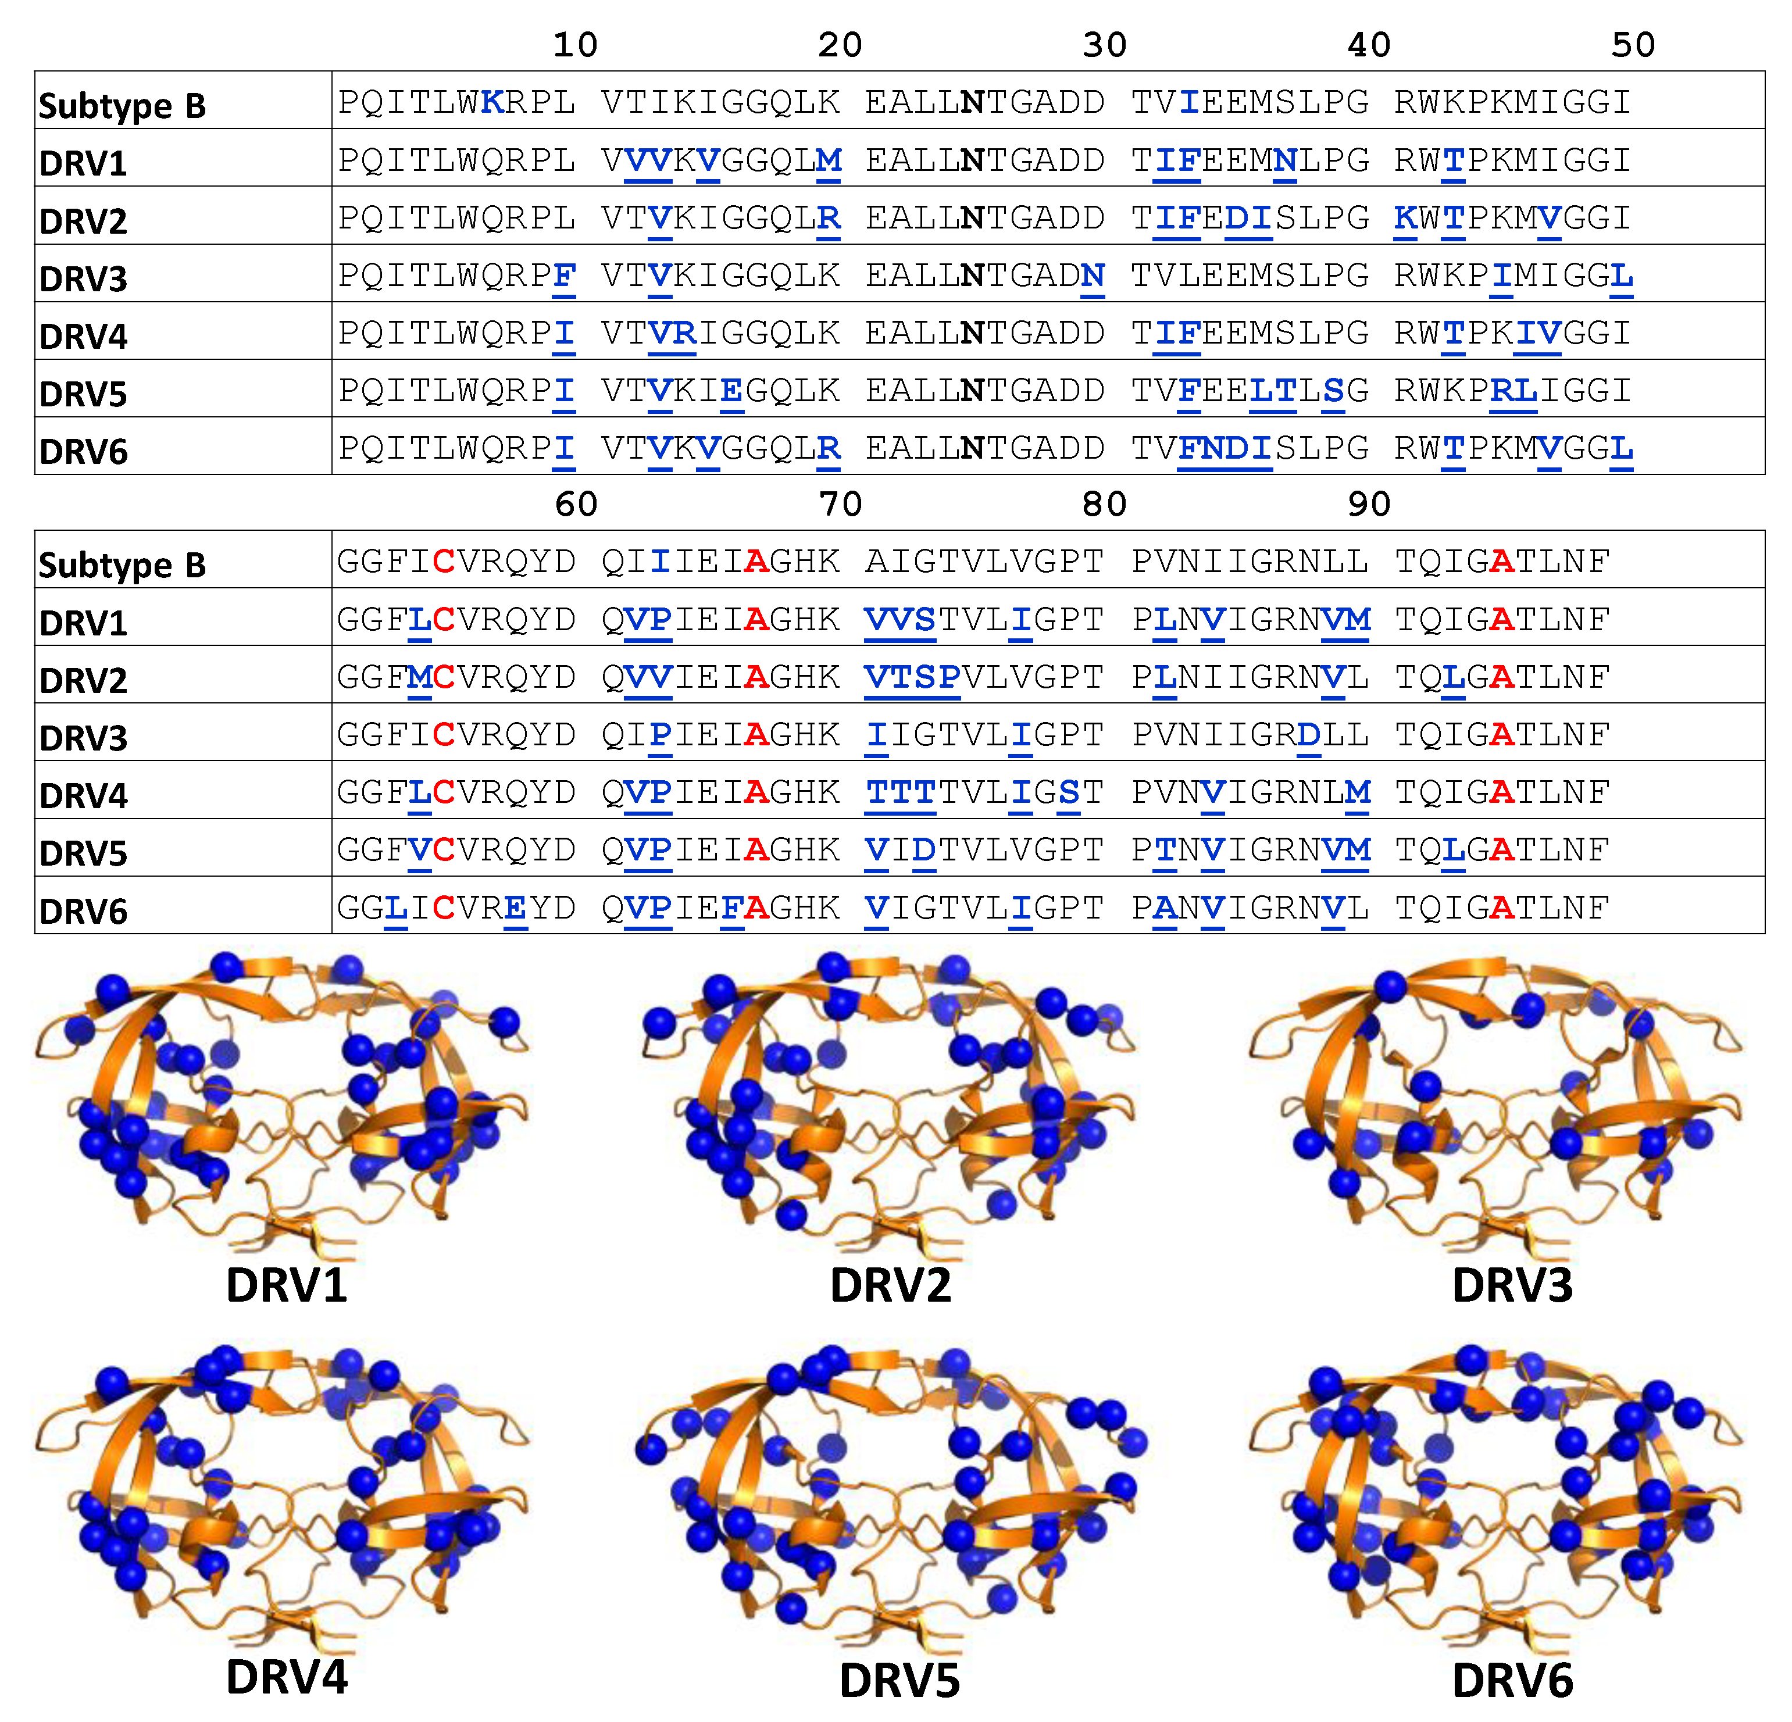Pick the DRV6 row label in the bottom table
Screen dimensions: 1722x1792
point(83,911)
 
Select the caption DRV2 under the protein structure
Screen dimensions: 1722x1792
point(891,1285)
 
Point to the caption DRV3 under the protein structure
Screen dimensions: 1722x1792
point(1512,1285)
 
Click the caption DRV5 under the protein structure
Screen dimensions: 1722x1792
point(899,1681)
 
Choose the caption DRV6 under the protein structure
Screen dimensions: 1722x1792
point(1512,1681)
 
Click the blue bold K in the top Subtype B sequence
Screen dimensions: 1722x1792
point(492,102)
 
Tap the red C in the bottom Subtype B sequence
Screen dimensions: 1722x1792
point(444,561)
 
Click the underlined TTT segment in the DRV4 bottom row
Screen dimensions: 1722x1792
point(901,792)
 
